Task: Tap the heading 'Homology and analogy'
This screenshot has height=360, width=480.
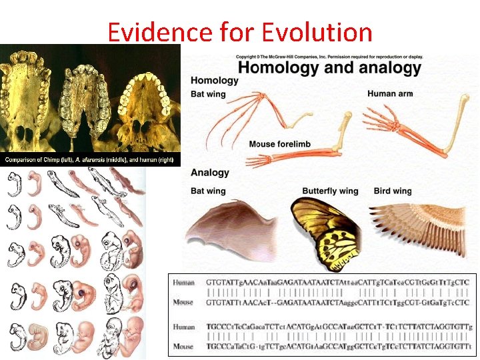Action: click(x=329, y=67)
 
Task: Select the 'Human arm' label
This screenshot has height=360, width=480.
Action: click(x=390, y=94)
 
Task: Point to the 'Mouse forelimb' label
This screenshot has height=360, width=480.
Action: click(x=279, y=144)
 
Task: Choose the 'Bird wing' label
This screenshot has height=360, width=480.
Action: click(x=393, y=191)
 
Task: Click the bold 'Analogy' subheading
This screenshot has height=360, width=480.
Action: click(x=210, y=173)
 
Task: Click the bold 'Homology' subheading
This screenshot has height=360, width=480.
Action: click(x=215, y=81)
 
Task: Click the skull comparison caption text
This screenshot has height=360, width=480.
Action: click(x=90, y=161)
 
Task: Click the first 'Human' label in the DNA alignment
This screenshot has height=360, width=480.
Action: click(x=183, y=283)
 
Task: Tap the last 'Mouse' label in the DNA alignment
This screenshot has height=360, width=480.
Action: click(x=183, y=347)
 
